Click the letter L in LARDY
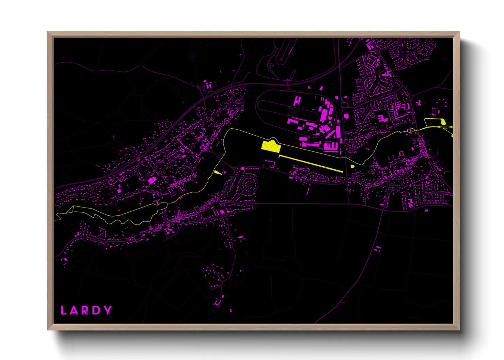coord(63,310)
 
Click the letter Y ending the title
coord(108,310)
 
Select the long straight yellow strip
coord(311,163)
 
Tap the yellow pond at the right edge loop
coord(443,121)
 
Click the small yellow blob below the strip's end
coord(352,166)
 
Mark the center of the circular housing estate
coord(249,185)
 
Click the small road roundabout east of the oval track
coord(344,105)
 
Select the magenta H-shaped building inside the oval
coord(297,100)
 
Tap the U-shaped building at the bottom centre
coord(217,302)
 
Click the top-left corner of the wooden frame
coord(48,32)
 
